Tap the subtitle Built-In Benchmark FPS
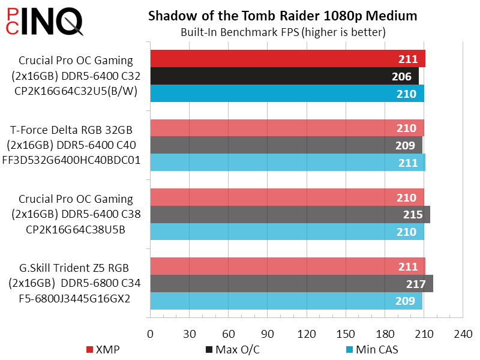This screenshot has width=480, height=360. point(283,32)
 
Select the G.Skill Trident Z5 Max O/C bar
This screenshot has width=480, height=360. point(291,284)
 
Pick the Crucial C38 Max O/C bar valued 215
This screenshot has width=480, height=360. point(290,215)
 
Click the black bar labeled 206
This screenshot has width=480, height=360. point(284,76)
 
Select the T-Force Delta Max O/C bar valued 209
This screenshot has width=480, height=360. point(286,145)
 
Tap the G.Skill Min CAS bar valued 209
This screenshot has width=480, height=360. point(286,301)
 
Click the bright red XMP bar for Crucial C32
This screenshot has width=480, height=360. point(287,59)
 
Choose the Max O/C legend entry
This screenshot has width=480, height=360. point(235,349)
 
